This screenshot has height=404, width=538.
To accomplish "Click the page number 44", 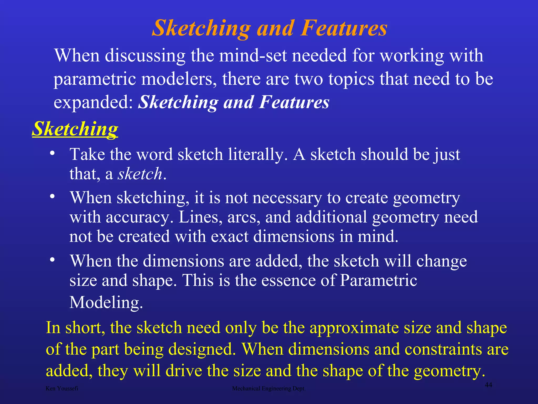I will tap(488, 385).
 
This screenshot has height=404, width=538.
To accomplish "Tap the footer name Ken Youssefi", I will tap(62, 388).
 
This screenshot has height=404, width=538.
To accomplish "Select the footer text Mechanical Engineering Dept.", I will tap(269, 388).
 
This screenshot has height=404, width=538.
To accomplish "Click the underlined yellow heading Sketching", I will tap(75, 129).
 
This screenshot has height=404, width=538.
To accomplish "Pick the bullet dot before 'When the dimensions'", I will tap(53, 260).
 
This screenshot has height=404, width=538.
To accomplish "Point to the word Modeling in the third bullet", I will tap(106, 302).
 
